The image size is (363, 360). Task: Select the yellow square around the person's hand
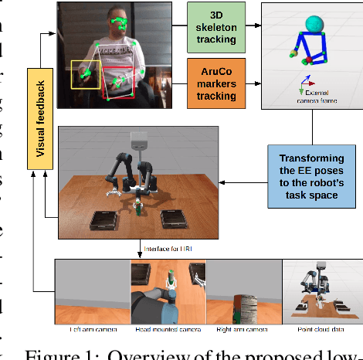click(x=85, y=76)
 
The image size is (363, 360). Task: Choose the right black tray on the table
click(x=175, y=219)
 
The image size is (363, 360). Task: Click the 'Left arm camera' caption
click(x=93, y=329)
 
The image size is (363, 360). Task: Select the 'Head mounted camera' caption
click(x=168, y=329)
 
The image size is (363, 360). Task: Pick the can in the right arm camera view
click(x=246, y=307)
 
